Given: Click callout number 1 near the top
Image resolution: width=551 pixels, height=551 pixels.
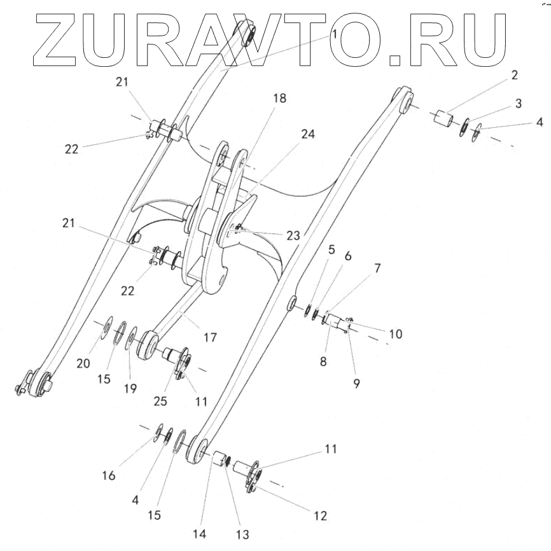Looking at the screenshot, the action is pyautogui.click(x=333, y=33).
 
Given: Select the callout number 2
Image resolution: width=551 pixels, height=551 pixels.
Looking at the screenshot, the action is pyautogui.click(x=513, y=75).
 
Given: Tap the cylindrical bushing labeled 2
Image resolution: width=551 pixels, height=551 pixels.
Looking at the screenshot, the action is pyautogui.click(x=445, y=119).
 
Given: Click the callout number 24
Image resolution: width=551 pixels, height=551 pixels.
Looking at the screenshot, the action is pyautogui.click(x=308, y=134).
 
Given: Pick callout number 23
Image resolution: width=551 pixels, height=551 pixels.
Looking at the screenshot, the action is pyautogui.click(x=293, y=235).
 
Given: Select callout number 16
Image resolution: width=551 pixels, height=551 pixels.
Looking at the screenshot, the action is pyautogui.click(x=109, y=475).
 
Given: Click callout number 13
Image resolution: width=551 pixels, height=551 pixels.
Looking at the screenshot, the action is pyautogui.click(x=243, y=534).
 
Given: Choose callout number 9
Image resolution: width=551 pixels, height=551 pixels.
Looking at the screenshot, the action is pyautogui.click(x=356, y=384).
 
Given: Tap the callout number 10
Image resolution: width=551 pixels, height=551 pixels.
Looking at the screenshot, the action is pyautogui.click(x=396, y=333).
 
